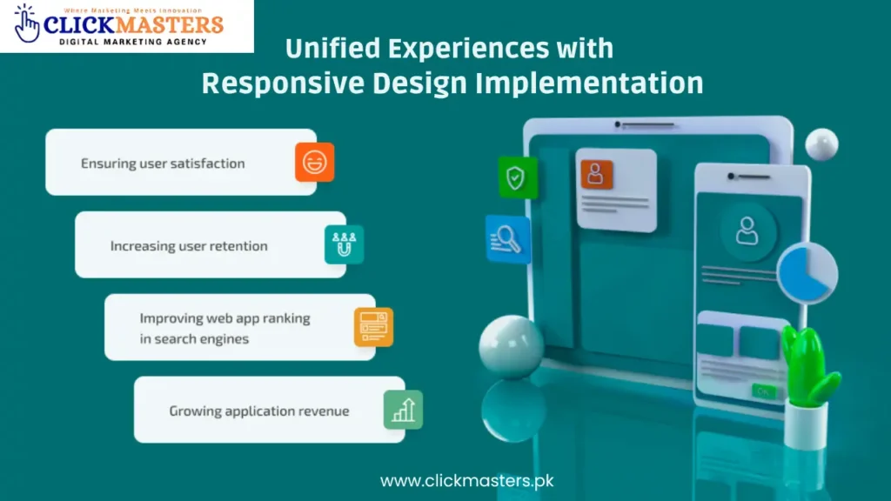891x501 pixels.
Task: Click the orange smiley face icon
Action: pos(314,162)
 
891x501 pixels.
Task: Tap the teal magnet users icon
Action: pos(344,244)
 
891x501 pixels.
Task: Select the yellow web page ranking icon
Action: pos(373,327)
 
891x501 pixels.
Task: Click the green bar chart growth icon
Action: pos(403,409)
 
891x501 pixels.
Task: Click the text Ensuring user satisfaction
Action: pos(163,164)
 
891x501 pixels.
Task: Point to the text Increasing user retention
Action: pos(189,246)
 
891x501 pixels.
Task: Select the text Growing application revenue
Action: pos(258,411)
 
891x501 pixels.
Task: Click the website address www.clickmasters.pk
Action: pos(466,480)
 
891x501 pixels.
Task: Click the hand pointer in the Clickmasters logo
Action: pos(27,25)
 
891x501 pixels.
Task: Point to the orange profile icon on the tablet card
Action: pos(597,175)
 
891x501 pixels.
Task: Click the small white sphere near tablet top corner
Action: pos(821,144)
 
